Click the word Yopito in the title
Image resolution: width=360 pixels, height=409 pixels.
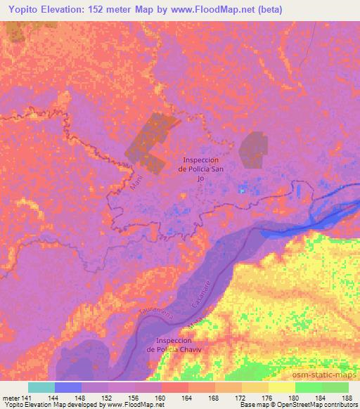tap(22, 8)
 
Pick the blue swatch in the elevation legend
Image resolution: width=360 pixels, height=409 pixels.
tap(68, 387)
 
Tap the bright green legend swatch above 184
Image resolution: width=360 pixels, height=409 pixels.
tap(309, 387)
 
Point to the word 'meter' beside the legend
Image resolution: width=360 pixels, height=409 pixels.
tap(11, 396)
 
